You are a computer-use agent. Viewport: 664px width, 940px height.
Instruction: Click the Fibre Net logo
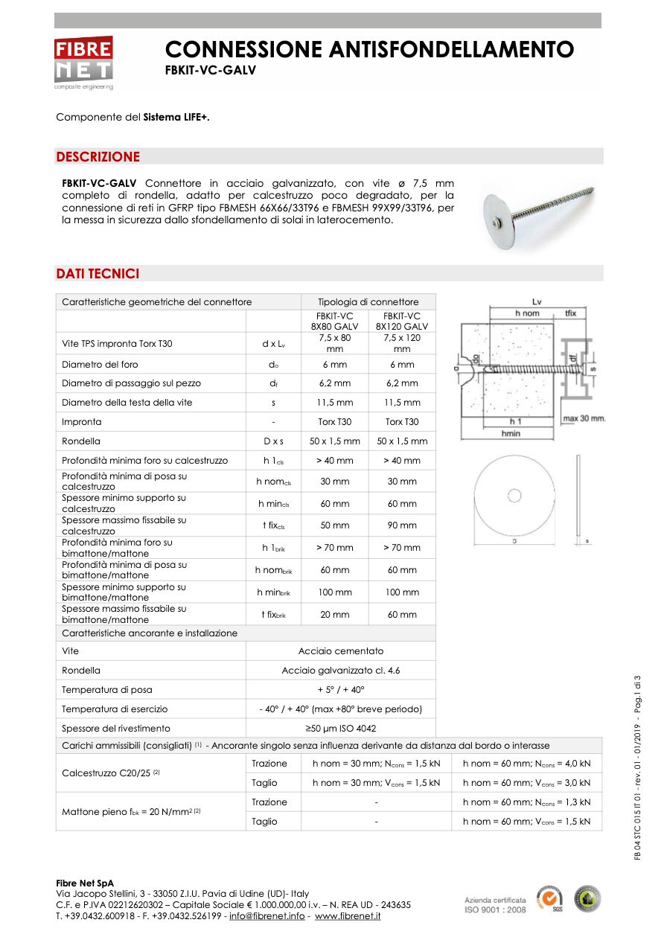click(x=83, y=61)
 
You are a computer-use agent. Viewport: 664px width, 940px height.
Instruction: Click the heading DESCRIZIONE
click(x=98, y=157)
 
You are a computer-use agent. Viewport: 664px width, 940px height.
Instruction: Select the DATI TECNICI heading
click(x=98, y=274)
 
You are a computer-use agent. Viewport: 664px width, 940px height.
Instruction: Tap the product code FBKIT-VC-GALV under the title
click(x=210, y=70)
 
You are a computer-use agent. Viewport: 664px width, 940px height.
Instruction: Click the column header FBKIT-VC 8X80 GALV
click(x=335, y=321)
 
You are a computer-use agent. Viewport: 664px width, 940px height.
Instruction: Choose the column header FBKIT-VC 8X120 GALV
click(x=402, y=321)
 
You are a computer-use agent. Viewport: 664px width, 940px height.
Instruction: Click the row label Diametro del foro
click(x=100, y=365)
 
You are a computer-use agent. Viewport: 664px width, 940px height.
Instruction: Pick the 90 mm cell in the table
click(x=402, y=525)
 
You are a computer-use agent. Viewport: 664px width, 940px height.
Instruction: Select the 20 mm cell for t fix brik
click(x=335, y=615)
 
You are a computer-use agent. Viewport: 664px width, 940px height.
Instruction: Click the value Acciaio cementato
click(x=341, y=651)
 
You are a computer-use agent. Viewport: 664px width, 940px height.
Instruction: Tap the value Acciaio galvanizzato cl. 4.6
click(x=341, y=671)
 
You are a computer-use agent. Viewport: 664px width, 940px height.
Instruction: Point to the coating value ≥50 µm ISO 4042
click(x=341, y=729)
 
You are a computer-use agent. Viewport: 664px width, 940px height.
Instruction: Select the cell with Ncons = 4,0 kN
click(x=526, y=764)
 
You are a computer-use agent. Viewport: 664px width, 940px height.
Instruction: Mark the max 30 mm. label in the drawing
click(x=584, y=418)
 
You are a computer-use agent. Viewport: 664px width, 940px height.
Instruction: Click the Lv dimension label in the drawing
click(x=537, y=301)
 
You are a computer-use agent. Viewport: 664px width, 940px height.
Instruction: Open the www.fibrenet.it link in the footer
click(x=348, y=915)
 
